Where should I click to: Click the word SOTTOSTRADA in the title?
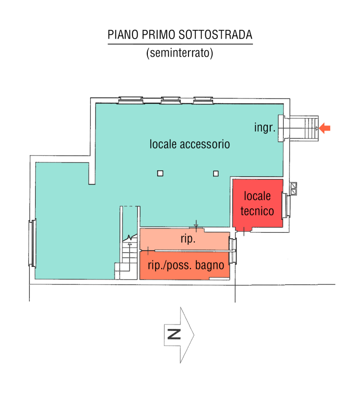pos(215,35)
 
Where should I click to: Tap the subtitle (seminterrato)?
pos(180,53)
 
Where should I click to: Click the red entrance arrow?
pos(325,128)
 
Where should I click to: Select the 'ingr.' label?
pos(265,128)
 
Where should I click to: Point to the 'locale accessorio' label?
pos(190,144)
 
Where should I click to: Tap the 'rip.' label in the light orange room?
pos(188,239)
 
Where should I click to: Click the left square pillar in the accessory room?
pos(160,173)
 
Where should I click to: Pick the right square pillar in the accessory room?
pos(216,173)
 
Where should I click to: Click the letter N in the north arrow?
pos(174,334)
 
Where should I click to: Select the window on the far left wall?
pos(32,244)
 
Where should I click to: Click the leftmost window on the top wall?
pos(131,100)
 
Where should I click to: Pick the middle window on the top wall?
pos(171,100)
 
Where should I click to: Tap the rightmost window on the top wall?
pos(203,100)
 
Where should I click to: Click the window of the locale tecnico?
pos(286,205)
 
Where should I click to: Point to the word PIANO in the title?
pos(123,35)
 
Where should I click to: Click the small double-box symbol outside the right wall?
pos(294,189)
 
